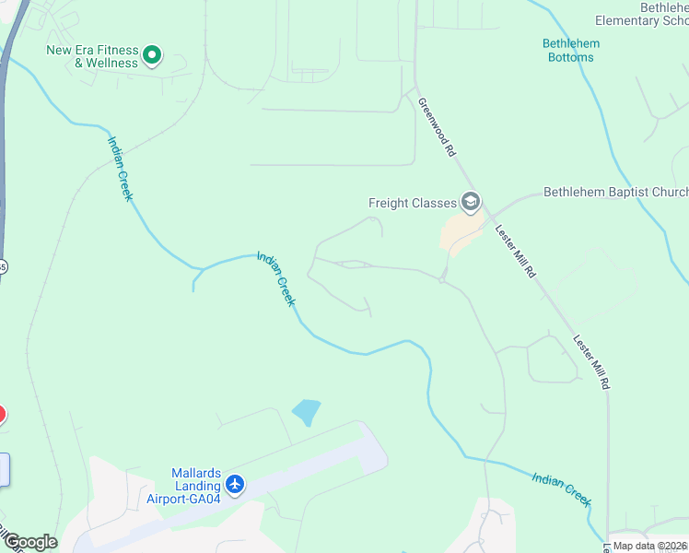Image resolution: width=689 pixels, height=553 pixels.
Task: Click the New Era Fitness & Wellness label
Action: [x=92, y=56]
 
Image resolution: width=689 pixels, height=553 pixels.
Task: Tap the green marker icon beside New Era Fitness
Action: [x=153, y=57]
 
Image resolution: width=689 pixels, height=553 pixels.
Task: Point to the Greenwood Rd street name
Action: [x=437, y=126]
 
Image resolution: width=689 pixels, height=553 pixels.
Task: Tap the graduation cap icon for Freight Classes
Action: [x=471, y=203]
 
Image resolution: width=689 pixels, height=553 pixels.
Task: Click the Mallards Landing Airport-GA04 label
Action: [x=183, y=487]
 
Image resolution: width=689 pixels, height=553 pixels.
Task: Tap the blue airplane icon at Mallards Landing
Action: [x=235, y=484]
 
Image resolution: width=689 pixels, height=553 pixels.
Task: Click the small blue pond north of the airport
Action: [x=306, y=412]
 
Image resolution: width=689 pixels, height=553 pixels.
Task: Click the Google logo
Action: [x=29, y=541]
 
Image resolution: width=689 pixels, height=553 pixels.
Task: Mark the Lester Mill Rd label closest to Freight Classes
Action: [x=515, y=251]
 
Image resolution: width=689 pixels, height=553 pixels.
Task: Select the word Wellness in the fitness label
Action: [x=113, y=64]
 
